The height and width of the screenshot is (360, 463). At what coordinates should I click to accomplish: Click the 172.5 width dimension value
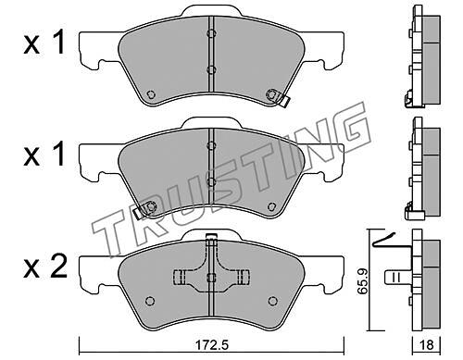pyautogui.click(x=212, y=345)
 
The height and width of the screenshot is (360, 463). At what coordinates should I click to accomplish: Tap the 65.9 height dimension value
pyautogui.click(x=362, y=280)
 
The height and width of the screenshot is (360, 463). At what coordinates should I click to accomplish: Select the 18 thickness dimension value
pyautogui.click(x=427, y=344)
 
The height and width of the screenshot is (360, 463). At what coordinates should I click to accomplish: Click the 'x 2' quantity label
pyautogui.click(x=45, y=267)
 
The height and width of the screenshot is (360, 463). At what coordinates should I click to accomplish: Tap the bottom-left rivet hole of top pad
pyautogui.click(x=150, y=94)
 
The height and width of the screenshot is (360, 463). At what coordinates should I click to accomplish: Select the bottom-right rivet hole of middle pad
pyautogui.click(x=272, y=206)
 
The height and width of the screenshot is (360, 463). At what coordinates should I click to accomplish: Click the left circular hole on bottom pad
pyautogui.click(x=150, y=301)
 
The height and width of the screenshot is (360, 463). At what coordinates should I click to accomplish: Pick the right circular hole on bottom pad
pyautogui.click(x=272, y=301)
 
